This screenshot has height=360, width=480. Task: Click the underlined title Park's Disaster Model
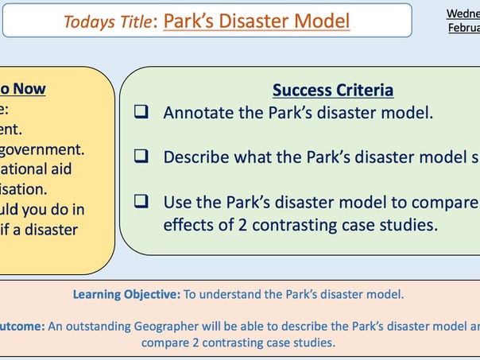256,21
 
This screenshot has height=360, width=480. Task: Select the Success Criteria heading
333,90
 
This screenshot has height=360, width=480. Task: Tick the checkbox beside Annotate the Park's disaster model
141,113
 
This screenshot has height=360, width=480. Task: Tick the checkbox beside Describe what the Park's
141,157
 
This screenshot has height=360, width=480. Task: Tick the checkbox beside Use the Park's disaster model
141,202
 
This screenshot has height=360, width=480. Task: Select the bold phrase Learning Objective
126,294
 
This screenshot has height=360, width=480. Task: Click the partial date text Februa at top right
463,28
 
